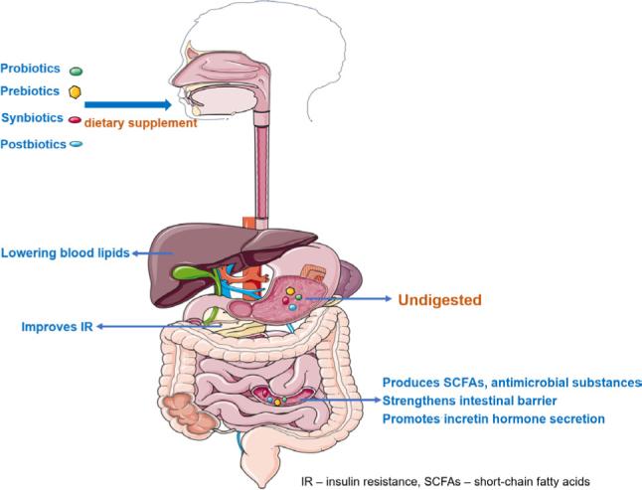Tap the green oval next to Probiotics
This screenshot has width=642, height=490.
click(76, 71)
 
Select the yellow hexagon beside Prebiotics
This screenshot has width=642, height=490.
click(75, 92)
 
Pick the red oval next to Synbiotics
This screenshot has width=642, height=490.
click(75, 118)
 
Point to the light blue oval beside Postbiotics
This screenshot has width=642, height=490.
click(76, 145)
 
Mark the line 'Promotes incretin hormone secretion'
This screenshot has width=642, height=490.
click(494, 419)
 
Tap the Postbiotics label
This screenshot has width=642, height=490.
click(33, 144)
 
